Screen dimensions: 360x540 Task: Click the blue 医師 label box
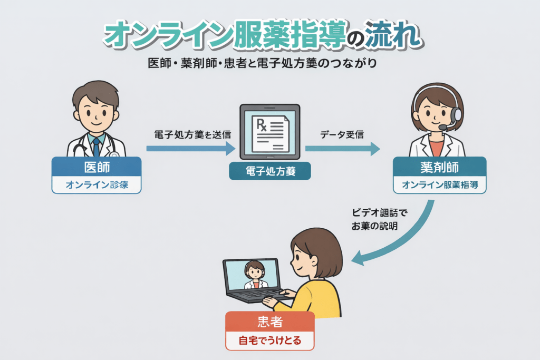pos(97,167)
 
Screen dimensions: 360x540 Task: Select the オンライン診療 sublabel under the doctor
pos(97,185)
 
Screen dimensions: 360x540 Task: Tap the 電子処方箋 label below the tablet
pos(269,171)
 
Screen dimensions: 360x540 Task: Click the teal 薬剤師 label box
pos(440,167)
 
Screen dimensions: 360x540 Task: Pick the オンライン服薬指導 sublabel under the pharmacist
pos(440,185)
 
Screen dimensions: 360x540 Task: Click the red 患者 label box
pos(269,321)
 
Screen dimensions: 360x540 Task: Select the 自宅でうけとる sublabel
pos(269,340)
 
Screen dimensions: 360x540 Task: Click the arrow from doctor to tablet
pos(190,149)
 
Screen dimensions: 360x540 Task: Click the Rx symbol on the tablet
pos(262,125)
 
